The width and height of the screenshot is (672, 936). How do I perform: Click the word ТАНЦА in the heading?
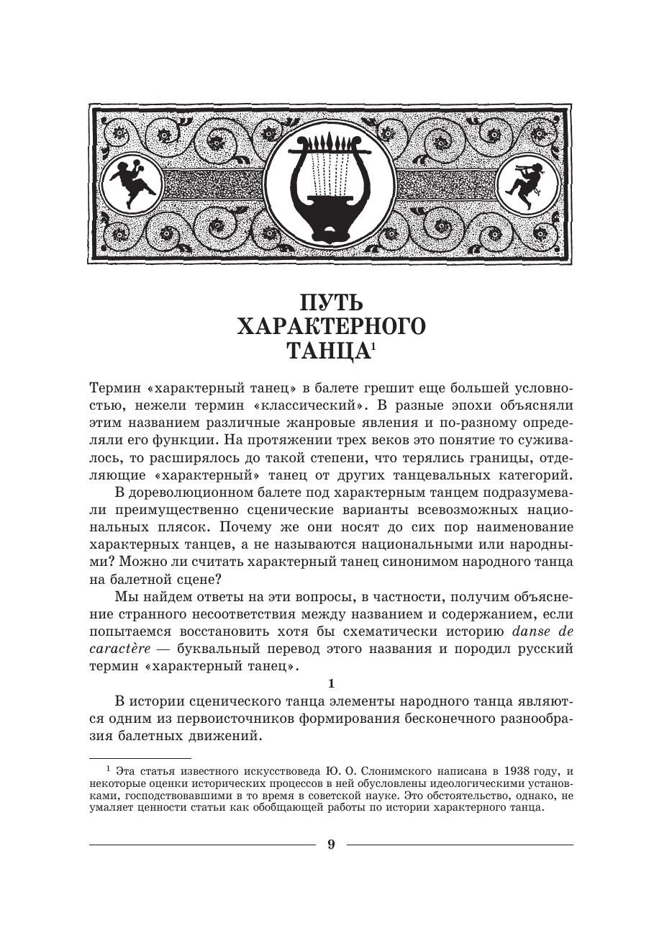(327, 351)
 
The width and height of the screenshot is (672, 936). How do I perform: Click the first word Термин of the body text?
(110, 390)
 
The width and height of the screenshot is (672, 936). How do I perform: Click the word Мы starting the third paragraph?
(124, 597)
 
